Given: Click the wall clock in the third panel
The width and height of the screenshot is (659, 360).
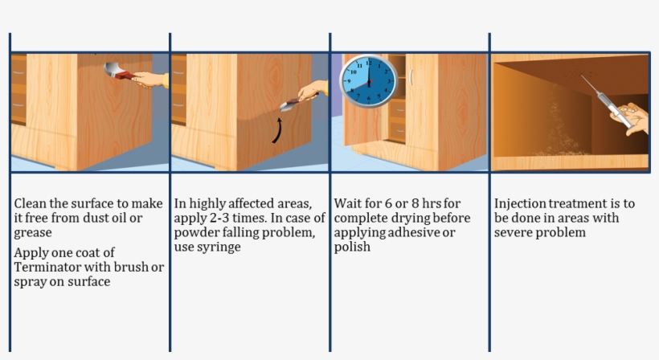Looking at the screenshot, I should (x=369, y=80).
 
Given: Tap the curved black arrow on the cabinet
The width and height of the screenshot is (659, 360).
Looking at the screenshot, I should (x=277, y=130).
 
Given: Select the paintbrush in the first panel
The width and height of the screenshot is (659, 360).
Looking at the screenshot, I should (x=119, y=72).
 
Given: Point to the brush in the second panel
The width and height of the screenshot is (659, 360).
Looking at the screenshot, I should (x=289, y=103).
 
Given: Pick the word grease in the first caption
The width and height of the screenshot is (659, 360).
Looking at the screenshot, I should (x=33, y=233).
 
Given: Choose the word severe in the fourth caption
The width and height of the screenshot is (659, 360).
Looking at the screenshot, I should (x=515, y=233).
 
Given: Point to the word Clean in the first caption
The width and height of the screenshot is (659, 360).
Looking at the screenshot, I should (x=30, y=203).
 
